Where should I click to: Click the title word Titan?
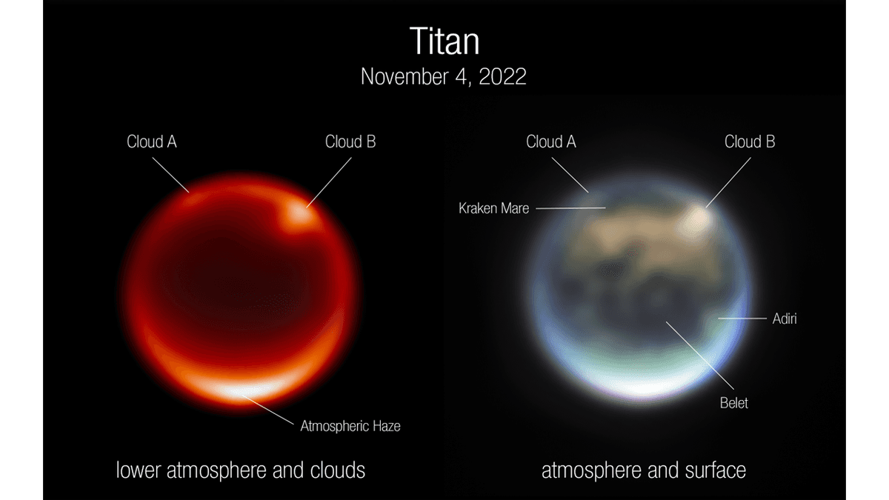444,41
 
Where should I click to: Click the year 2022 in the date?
502,76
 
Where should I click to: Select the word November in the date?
404,76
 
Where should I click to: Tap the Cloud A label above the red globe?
152,141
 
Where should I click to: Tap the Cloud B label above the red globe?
350,141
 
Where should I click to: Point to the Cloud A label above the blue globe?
551,141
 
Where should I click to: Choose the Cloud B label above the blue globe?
750,141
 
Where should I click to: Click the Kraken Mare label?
493,208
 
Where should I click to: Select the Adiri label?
785,319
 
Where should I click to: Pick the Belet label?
734,403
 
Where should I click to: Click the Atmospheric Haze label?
350,426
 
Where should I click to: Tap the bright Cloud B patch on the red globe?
299,215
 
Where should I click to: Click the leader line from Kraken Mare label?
570,208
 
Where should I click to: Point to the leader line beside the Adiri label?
742,319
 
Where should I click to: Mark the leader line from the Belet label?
699,355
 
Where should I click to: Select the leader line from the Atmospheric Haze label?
268,410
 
